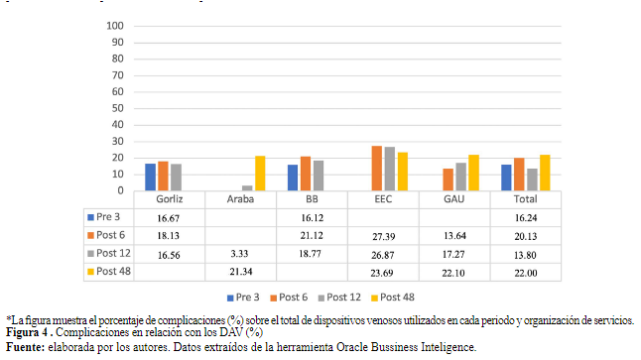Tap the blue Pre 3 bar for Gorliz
click(x=150, y=178)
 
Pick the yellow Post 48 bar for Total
click(x=545, y=173)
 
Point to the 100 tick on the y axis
click(x=116, y=25)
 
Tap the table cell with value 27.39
click(x=382, y=234)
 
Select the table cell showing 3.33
click(x=239, y=253)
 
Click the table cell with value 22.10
click(x=453, y=272)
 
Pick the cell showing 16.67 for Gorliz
click(x=168, y=215)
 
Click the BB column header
click(x=311, y=198)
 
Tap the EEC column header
click(x=382, y=198)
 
